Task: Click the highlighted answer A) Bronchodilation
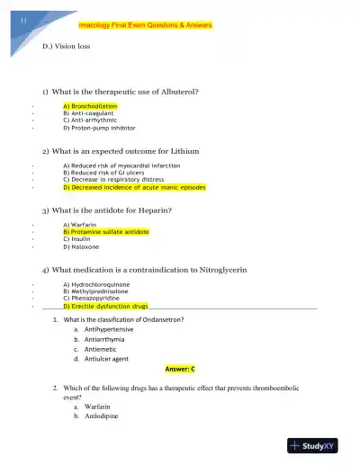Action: (x=90, y=106)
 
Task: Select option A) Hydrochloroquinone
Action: (x=98, y=285)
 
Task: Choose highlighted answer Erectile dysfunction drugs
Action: (x=105, y=307)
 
